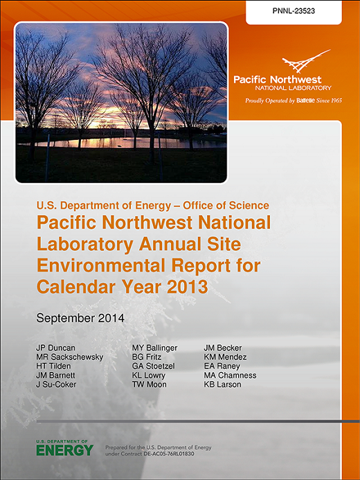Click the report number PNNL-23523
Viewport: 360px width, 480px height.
(294, 11)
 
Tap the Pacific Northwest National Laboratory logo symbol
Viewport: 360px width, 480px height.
(306, 62)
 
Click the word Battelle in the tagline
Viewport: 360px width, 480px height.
(305, 100)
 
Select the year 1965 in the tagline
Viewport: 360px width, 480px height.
(336, 100)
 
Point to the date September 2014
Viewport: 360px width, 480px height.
(80, 318)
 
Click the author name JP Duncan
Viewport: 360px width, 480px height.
(55, 348)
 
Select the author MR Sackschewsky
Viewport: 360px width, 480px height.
(70, 357)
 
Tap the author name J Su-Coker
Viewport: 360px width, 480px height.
(56, 384)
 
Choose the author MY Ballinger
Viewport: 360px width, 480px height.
(155, 348)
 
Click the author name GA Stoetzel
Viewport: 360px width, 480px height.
(154, 366)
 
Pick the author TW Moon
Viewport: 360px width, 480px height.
(150, 384)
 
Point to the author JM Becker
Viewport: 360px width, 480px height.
(223, 348)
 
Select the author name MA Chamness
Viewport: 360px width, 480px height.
(231, 375)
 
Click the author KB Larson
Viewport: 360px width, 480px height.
(223, 384)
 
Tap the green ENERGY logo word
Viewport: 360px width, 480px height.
(64, 450)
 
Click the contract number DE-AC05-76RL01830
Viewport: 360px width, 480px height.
(168, 454)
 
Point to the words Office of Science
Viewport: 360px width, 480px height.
(226, 206)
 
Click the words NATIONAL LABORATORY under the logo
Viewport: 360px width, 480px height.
(293, 88)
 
